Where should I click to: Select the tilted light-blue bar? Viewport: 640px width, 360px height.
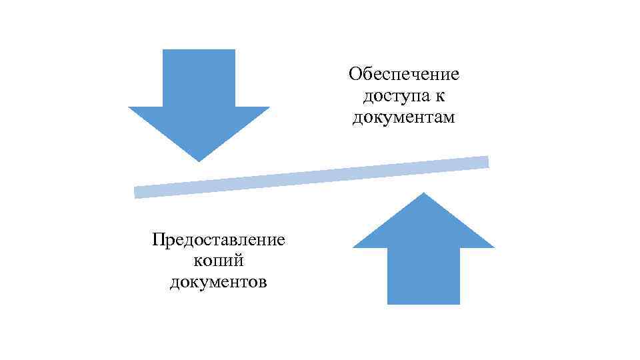coord(311,177)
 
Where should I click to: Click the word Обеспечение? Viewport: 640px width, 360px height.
coord(405,73)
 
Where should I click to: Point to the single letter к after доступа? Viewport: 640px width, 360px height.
coord(440,96)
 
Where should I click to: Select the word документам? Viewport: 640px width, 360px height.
coord(405,118)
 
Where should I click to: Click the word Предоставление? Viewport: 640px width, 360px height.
coord(218,239)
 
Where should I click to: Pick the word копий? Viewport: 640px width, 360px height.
coord(218,261)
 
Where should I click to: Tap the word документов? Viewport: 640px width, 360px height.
coord(218,283)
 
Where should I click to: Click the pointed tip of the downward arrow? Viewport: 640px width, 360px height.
coord(199,159)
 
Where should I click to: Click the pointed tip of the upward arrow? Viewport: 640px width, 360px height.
coord(423,194)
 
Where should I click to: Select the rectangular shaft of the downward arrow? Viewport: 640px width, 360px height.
coord(199,78)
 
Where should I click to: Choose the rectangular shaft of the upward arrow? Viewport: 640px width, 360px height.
coord(423,276)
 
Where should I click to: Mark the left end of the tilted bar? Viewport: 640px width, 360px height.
coord(137,192)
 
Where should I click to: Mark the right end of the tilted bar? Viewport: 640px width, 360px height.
coord(486,161)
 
